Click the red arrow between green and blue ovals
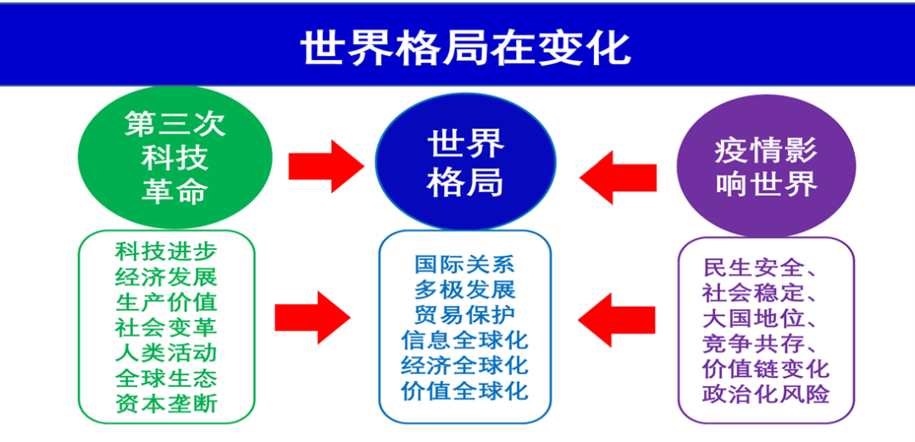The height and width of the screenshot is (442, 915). coord(325,166)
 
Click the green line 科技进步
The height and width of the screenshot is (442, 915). coord(166,251)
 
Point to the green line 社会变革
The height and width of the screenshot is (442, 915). coord(166,327)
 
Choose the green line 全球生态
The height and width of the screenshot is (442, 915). coord(166,378)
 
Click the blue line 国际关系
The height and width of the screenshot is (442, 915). coord(465,264)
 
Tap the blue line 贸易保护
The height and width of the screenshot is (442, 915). coord(465,315)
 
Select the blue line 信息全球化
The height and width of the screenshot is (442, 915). coord(465,340)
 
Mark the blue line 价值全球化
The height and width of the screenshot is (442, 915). coord(465,390)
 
